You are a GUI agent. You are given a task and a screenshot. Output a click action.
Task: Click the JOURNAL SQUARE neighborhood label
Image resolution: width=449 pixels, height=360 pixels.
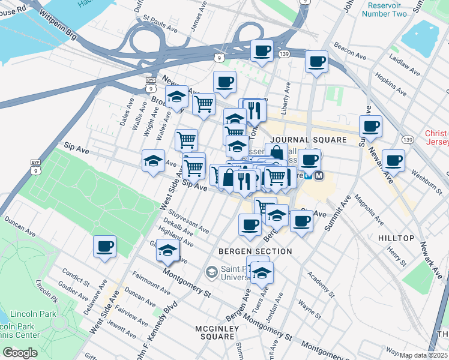click(x=309, y=140)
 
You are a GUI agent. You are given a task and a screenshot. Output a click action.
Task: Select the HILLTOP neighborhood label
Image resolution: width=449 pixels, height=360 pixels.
click(x=396, y=238)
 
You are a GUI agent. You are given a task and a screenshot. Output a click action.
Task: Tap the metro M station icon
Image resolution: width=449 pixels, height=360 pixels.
click(x=319, y=176)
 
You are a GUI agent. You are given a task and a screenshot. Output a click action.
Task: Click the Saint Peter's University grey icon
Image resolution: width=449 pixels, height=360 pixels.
click(x=211, y=272)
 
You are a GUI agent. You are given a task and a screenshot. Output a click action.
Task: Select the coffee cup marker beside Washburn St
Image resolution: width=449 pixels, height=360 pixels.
click(x=393, y=160)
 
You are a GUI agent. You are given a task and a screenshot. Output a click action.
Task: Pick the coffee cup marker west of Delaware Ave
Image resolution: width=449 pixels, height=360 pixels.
click(x=104, y=246)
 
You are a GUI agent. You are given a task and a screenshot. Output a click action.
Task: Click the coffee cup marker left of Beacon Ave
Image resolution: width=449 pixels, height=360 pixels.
click(x=316, y=61)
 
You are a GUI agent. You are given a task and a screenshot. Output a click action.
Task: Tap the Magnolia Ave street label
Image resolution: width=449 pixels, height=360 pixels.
click(x=367, y=212)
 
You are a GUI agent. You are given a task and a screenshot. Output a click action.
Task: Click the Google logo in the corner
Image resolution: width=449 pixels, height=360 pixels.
click(x=20, y=353)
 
